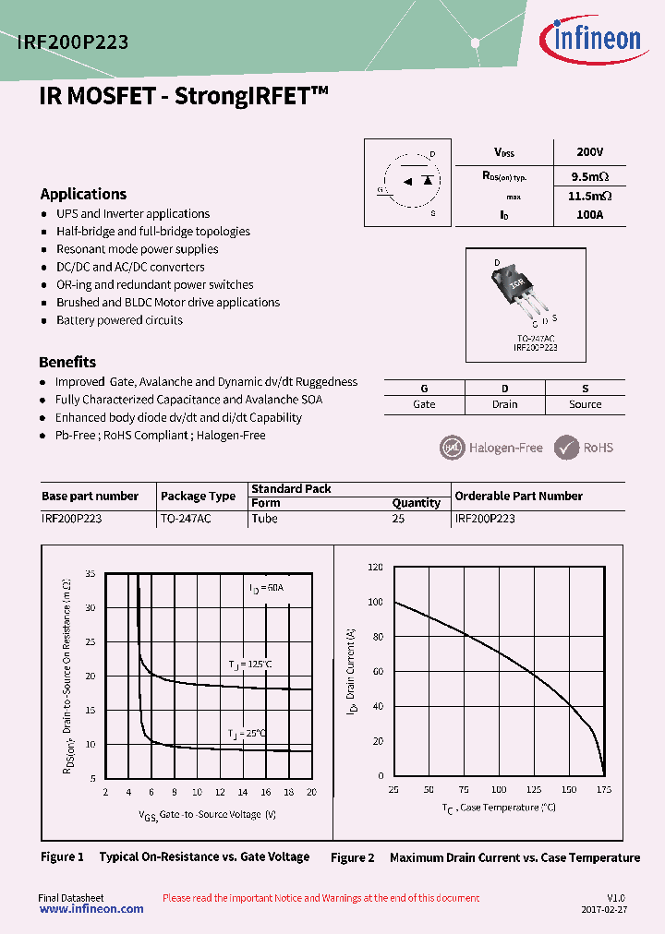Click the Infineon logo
(x=589, y=39)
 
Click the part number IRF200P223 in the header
(x=73, y=42)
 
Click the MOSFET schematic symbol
(x=407, y=182)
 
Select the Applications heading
(x=83, y=194)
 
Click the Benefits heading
(x=67, y=362)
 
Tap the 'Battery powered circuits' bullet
(x=119, y=320)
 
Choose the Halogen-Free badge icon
(x=450, y=448)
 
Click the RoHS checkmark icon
(x=566, y=448)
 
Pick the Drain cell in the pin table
(x=504, y=404)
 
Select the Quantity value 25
(x=399, y=519)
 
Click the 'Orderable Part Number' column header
(x=518, y=496)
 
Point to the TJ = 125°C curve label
(x=250, y=664)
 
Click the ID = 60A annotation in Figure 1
(x=266, y=588)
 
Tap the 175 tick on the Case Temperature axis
(x=604, y=790)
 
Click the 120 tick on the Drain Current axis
(x=374, y=568)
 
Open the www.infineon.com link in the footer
(x=91, y=909)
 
